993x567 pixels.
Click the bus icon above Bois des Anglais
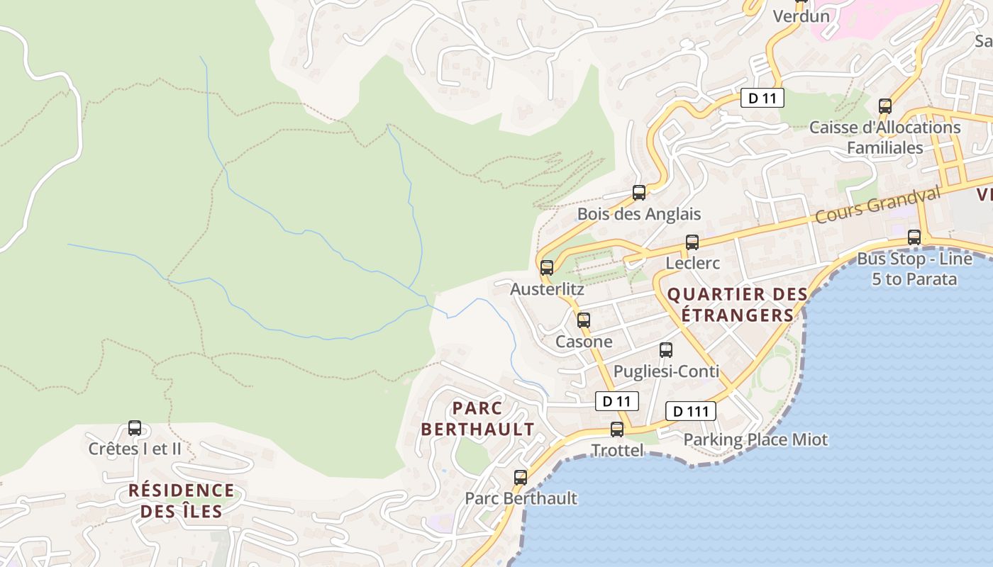[639, 193]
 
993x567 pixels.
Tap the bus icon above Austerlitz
[547, 268]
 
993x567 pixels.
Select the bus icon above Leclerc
[692, 242]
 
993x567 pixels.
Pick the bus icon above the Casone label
[584, 320]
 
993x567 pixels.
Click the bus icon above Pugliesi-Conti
[666, 350]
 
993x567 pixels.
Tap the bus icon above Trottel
[617, 430]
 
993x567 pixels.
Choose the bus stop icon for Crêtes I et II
[135, 428]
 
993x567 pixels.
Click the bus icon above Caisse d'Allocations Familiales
[885, 106]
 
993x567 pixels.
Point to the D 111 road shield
[690, 411]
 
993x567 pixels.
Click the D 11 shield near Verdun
[762, 98]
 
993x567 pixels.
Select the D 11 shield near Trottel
[616, 401]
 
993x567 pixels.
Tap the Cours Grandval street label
[877, 204]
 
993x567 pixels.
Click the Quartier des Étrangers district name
[738, 305]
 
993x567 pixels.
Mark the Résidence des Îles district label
[181, 500]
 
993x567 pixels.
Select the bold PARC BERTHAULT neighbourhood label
[477, 419]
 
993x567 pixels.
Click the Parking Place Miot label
[755, 439]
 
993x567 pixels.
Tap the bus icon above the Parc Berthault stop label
[521, 478]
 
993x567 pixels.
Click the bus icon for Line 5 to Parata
[914, 237]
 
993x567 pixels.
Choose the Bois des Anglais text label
[639, 214]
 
